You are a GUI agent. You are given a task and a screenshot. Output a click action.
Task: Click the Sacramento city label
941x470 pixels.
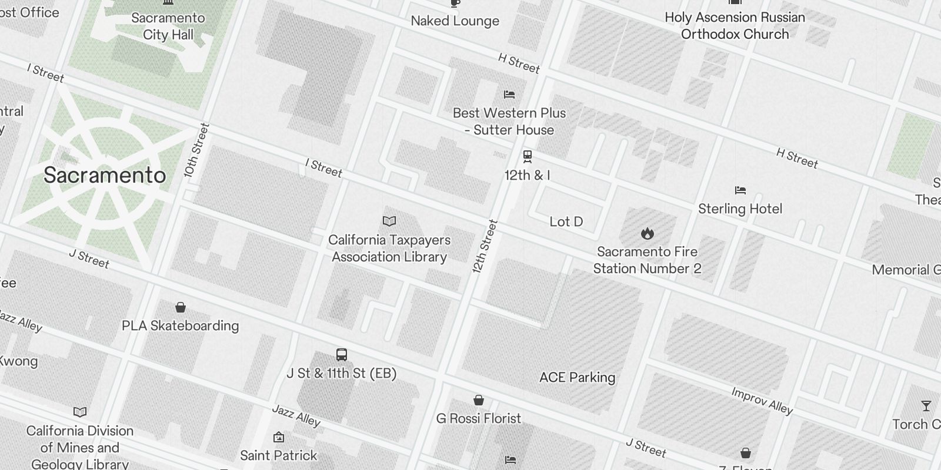105,175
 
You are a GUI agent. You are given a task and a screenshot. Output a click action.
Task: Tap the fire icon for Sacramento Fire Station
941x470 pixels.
648,233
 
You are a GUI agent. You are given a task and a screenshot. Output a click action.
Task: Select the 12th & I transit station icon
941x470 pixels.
528,156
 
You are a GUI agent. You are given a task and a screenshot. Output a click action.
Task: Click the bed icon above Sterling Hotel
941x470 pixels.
740,190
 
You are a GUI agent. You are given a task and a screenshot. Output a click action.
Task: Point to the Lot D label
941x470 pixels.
566,221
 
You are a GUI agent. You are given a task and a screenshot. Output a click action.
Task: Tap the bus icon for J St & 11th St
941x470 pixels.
342,355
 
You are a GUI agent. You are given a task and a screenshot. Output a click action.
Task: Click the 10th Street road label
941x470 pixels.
196,150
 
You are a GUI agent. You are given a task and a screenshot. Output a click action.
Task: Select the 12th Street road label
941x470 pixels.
485,246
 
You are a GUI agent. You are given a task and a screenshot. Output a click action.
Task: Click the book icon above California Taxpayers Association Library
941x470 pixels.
389,221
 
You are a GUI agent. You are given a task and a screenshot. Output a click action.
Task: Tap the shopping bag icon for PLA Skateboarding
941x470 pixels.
181,307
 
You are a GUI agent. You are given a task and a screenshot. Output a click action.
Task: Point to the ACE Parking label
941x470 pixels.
577,377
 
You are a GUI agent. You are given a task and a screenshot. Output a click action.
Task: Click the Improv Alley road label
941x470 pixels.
762,401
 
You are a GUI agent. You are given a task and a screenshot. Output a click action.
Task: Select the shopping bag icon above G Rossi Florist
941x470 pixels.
479,400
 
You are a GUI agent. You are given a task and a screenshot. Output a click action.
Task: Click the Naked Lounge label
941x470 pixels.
455,21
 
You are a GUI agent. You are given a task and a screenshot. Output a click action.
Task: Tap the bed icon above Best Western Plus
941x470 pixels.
509,94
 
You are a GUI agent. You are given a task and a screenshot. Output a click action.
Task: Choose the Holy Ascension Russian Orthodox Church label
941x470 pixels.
735,26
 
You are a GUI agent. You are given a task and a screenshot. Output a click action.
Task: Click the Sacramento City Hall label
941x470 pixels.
168,26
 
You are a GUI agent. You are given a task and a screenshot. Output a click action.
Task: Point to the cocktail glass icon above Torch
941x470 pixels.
926,405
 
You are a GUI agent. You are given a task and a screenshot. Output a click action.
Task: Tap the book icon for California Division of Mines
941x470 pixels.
80,412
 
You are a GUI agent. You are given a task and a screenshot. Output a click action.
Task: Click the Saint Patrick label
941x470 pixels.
278,455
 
